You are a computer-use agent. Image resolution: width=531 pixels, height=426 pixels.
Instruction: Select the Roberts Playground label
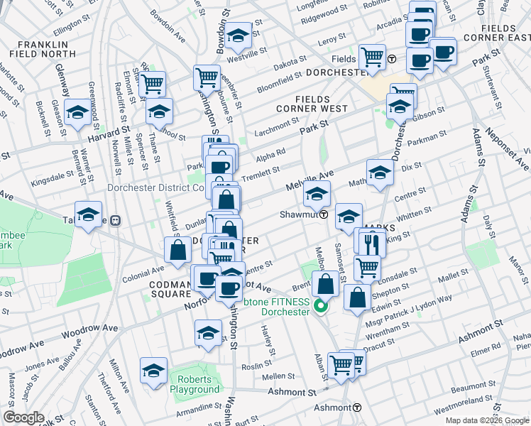(195, 384)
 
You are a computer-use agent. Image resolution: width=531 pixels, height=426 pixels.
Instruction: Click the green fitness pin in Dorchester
(319, 307)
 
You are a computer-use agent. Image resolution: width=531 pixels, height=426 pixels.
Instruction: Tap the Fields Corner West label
(313, 109)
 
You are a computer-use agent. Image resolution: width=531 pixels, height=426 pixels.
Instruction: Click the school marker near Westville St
(239, 34)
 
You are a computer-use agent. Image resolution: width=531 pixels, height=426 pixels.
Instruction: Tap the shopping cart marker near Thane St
(152, 84)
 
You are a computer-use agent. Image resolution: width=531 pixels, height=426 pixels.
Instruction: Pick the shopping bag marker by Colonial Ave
(177, 250)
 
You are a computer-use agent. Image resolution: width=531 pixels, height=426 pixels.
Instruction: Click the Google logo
(23, 417)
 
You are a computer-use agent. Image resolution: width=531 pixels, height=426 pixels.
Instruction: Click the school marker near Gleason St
(77, 111)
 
